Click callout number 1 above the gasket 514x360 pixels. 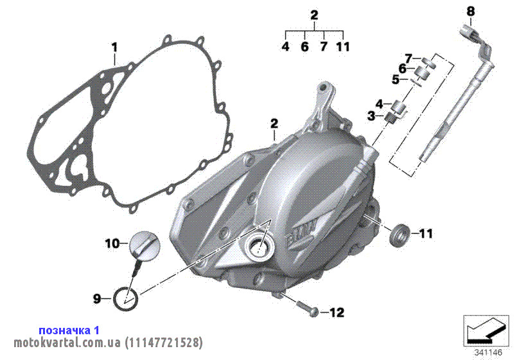114,48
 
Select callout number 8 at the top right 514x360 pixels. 470,12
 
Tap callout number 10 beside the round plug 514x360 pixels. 112,244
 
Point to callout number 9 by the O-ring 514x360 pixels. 96,299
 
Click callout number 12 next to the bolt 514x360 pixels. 337,312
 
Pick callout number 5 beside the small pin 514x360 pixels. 396,79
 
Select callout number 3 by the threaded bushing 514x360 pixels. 371,116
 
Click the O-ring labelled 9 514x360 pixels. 125,298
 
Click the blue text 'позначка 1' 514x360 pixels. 69,330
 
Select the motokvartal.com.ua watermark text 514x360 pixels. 108,343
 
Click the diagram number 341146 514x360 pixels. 488,353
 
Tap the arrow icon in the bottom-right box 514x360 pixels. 486,331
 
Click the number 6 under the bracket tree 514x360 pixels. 305,46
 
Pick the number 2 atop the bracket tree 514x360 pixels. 314,15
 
